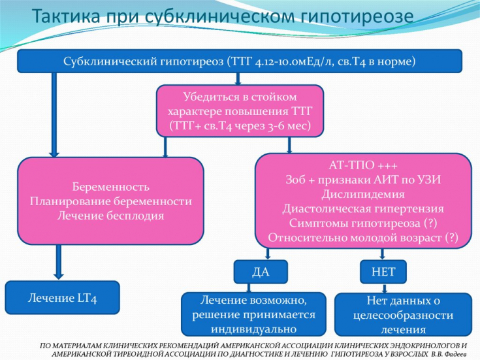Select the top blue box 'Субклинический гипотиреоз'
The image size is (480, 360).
tap(240, 61)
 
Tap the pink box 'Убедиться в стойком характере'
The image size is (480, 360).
tap(240, 110)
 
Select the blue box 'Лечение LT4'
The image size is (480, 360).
tap(63, 297)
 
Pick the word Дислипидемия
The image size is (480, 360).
tap(364, 195)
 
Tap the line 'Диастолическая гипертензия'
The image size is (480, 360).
tap(364, 209)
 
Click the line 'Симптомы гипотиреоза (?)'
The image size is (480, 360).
tap(364, 223)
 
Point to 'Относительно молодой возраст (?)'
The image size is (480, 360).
tap(364, 238)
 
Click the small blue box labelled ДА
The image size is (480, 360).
tap(251, 272)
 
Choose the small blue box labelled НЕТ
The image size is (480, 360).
tap(383, 272)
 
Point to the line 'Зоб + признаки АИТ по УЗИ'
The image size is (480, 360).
tap(364, 180)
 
